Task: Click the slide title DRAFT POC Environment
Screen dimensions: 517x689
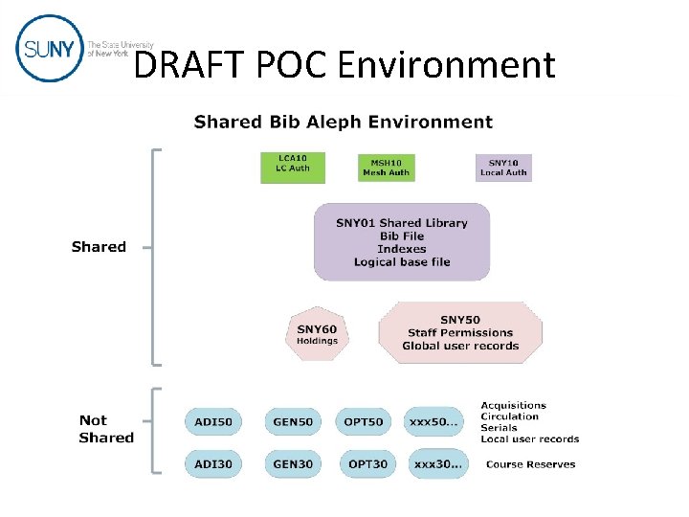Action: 344,65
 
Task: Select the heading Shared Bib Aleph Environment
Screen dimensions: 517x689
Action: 344,122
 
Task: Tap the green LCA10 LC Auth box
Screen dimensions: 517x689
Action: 293,168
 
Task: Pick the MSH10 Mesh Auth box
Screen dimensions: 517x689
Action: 387,168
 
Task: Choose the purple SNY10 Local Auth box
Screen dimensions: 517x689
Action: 503,168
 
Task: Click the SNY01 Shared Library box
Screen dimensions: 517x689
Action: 402,242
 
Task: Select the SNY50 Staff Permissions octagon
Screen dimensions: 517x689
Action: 460,332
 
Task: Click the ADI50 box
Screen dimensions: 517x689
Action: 212,421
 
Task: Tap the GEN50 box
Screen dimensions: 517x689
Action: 293,421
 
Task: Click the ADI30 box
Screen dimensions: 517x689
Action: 212,463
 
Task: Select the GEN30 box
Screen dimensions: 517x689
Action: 293,463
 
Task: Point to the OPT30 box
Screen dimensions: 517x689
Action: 368,463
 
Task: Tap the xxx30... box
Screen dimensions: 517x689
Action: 438,463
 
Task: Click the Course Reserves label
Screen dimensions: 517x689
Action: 531,464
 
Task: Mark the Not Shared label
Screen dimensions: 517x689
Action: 106,429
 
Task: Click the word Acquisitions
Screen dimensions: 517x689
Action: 513,405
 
